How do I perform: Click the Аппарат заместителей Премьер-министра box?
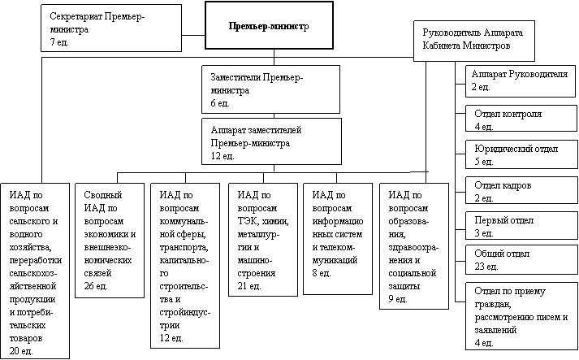(270, 141)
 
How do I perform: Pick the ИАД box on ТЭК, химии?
(261, 240)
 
